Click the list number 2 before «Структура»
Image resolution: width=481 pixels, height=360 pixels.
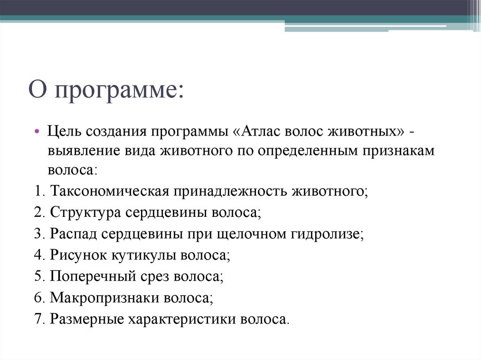38,212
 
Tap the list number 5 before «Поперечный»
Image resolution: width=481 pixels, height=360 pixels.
38,276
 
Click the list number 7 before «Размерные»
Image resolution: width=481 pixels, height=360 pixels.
38,319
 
